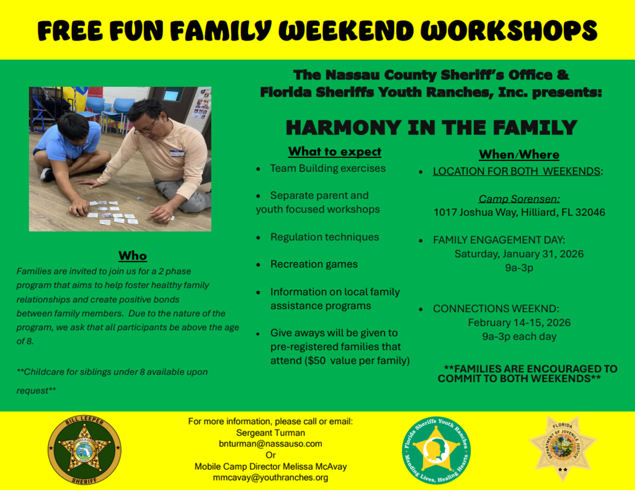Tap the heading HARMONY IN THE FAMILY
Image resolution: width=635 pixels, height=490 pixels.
coord(431,128)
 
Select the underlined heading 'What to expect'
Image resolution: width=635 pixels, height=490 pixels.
coord(334,152)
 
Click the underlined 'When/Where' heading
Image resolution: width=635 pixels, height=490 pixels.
coord(519,155)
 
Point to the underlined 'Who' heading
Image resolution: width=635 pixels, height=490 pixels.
coord(133,256)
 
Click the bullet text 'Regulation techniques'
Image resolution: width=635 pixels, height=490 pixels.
coord(324,237)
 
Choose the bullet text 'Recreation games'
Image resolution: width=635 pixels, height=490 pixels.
coord(314,264)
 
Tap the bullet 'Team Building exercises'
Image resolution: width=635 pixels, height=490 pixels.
coord(327,168)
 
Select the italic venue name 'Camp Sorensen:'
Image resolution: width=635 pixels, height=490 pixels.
coord(519,199)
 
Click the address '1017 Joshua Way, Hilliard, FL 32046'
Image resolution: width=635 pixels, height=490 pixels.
coord(519,212)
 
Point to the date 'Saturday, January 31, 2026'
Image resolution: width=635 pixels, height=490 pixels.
coord(519,254)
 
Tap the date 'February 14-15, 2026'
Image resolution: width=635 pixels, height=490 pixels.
coord(519,323)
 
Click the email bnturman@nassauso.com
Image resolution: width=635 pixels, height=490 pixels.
coord(270,444)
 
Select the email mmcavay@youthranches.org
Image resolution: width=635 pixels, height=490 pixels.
coord(270,478)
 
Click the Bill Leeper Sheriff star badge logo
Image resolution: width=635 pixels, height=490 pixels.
coord(84,450)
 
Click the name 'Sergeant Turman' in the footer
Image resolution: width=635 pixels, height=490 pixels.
coord(270,432)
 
